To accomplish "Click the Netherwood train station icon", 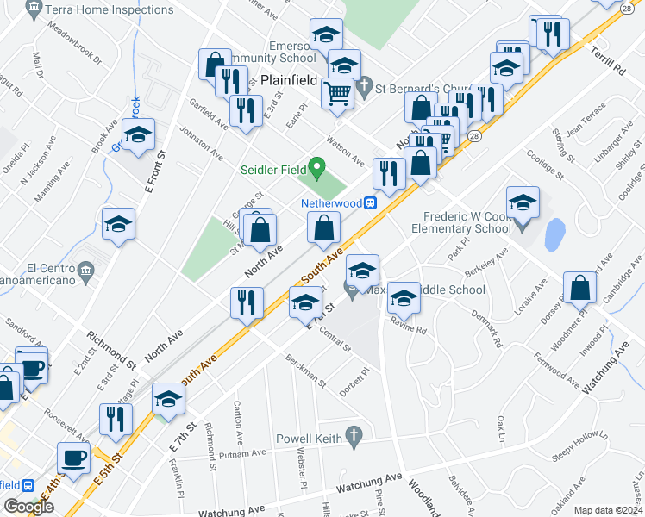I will (369, 203).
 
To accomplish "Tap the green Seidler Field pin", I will (316, 166).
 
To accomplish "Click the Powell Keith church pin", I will (352, 437).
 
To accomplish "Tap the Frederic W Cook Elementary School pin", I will (523, 226).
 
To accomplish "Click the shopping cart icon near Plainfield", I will (338, 92).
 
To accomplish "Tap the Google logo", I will (28, 508).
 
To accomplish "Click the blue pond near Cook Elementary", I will (555, 233).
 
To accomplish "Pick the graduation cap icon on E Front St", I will (138, 134).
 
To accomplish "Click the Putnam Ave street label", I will (243, 453).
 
